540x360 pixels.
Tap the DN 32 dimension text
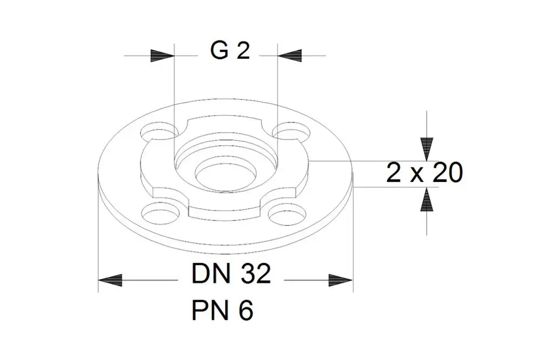click(231, 274)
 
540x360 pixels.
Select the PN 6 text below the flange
click(222, 310)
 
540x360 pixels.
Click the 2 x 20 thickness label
click(424, 173)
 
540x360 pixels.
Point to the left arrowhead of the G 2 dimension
click(163, 56)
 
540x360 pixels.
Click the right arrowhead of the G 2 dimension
click(289, 56)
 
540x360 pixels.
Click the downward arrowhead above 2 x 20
click(427, 150)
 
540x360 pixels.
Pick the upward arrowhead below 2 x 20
click(427, 199)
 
